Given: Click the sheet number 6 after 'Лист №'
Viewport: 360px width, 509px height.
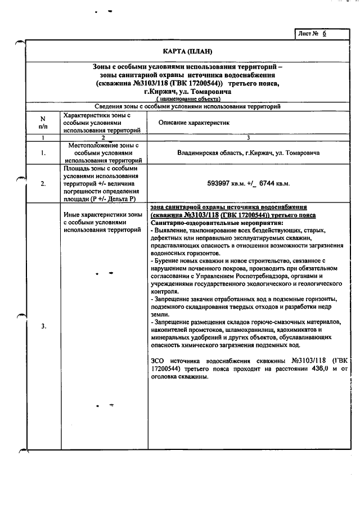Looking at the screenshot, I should [324, 34].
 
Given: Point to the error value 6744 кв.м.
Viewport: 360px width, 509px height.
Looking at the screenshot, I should [271, 183].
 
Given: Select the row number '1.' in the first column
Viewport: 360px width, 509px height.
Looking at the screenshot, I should [43, 152].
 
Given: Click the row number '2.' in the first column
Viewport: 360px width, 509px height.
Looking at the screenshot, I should [43, 183].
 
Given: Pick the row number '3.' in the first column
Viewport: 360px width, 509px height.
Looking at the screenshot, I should [43, 326].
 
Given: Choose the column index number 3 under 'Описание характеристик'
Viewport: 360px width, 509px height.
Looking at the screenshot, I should [248, 137].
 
